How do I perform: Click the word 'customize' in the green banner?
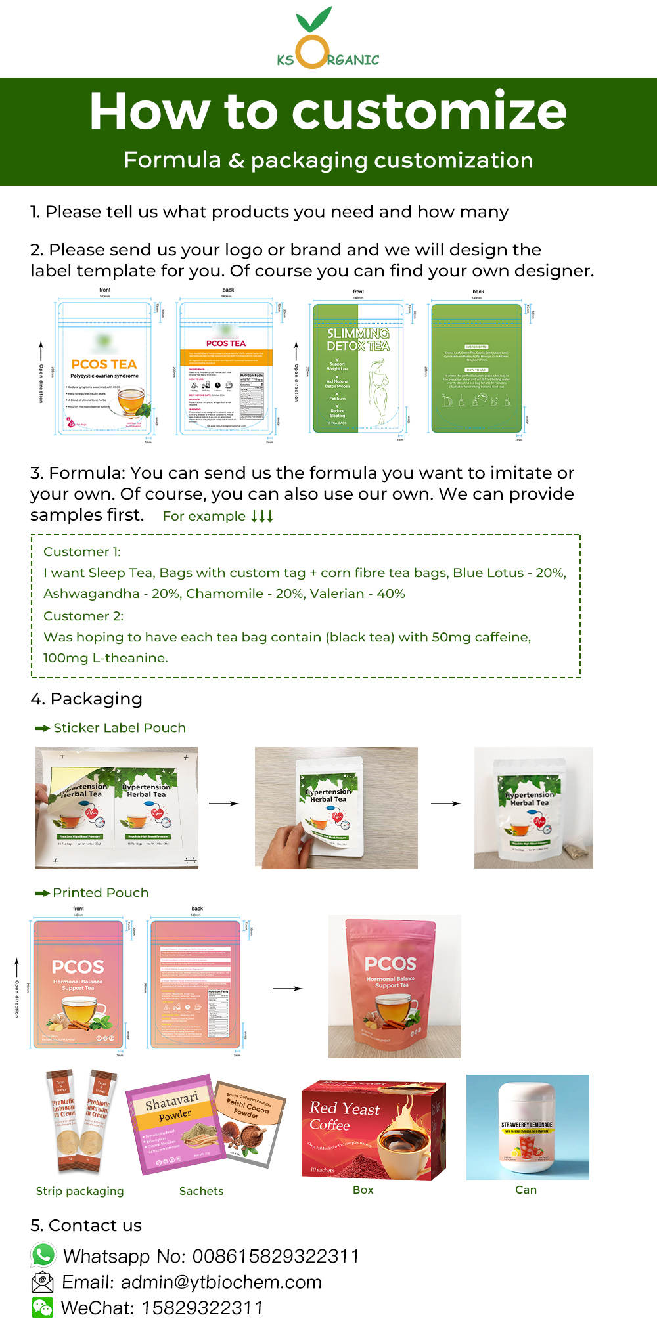click(429, 111)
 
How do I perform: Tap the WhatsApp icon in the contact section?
click(43, 1255)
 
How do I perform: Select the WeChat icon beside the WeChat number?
click(43, 1307)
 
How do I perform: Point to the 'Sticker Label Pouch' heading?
click(119, 727)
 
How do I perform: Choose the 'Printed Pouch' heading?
click(101, 892)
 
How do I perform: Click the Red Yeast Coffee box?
click(373, 1129)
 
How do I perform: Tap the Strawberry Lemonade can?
click(527, 1127)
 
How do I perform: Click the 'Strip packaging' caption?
click(79, 1190)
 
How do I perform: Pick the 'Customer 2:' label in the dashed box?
click(83, 616)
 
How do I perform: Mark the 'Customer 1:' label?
click(82, 551)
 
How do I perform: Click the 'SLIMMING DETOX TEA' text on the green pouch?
click(358, 339)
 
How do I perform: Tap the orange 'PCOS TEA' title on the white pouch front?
click(104, 364)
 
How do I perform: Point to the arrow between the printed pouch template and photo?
click(287, 988)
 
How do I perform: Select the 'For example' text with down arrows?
click(217, 516)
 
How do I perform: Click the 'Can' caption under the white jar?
click(526, 1189)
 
